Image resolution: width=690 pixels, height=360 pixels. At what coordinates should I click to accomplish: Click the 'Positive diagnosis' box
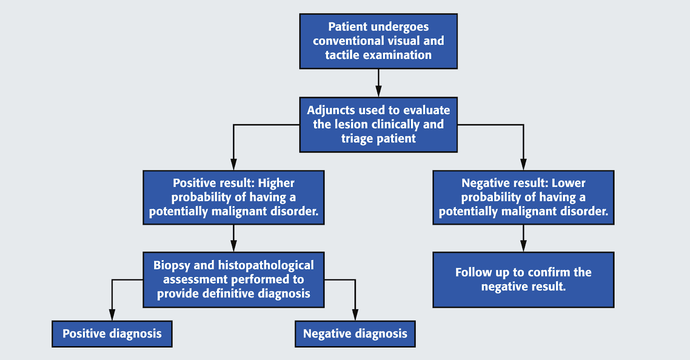[112, 334]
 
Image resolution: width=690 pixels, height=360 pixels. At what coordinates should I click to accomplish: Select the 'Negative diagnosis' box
[355, 334]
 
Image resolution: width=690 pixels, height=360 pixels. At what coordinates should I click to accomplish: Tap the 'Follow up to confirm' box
[524, 280]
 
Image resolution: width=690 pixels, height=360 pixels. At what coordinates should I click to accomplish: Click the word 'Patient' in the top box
[347, 27]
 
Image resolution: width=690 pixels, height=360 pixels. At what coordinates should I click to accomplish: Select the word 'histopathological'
[266, 266]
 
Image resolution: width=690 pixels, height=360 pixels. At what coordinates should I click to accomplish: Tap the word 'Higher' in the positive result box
[276, 184]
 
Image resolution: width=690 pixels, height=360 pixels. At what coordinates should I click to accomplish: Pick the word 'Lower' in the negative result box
[568, 183]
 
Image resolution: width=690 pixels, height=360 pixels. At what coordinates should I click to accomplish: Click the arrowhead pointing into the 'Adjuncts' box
[379, 91]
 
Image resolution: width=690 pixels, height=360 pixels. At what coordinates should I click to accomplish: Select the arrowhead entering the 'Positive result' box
[233, 164]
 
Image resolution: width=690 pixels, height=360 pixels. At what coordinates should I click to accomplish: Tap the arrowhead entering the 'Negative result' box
[524, 164]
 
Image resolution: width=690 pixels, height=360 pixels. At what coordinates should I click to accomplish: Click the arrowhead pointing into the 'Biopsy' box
[233, 246]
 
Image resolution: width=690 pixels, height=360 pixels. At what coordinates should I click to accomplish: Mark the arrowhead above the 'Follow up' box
[524, 246]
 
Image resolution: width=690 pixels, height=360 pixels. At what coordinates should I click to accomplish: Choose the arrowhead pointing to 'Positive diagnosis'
[112, 315]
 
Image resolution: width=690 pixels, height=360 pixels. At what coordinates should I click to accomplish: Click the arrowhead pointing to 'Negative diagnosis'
[355, 315]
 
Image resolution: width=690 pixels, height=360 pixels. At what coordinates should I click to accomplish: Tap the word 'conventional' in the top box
[348, 41]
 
